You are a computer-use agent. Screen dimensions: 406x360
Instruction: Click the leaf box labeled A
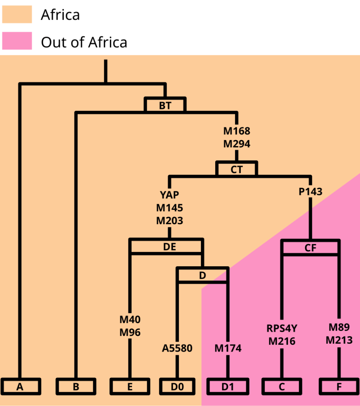coord(20,386)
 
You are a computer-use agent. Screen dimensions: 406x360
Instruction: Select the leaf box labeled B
coord(76,386)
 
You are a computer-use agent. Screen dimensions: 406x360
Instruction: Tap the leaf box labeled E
coord(130,386)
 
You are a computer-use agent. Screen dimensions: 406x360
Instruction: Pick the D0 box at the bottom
coord(178,386)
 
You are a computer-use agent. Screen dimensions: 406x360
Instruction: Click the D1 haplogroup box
coord(228,386)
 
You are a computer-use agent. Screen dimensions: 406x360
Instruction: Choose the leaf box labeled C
coord(281,386)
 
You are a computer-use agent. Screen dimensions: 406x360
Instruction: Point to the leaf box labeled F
coord(339,386)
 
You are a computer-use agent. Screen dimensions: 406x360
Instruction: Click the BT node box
coord(165,106)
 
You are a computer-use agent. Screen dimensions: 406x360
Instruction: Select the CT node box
coord(237,169)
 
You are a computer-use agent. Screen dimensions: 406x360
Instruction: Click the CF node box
coord(310,248)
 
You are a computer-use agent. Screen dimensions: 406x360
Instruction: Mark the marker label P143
coord(310,192)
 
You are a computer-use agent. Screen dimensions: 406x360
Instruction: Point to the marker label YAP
coord(170,195)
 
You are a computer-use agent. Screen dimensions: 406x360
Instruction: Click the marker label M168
coord(237,131)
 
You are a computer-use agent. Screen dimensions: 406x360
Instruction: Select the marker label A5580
coord(177,348)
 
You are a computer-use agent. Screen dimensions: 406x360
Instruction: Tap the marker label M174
coord(228,348)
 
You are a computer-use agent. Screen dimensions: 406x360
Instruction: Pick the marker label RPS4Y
coord(282,328)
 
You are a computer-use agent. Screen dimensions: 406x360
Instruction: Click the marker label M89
coord(339,327)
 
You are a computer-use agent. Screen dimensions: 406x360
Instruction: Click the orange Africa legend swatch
coord(17,15)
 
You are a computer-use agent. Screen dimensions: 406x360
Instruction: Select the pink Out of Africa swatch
coord(17,41)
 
